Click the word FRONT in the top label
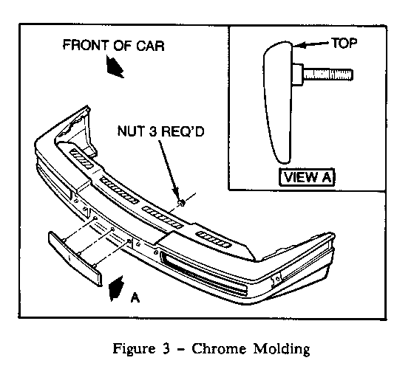pos(86,45)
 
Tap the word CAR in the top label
pos(150,46)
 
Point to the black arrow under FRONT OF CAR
pos(115,66)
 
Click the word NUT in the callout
pos(130,131)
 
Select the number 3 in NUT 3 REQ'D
pos(153,131)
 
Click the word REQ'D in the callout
pos(183,131)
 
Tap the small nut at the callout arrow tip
pos(182,203)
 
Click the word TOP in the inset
pos(344,43)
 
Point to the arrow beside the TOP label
pos(311,45)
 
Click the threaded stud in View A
pos(328,74)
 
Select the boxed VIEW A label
pos(307,177)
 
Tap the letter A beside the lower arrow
pos(135,297)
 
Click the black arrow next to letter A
pos(116,289)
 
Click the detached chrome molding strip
pos(75,258)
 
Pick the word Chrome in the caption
pos(219,349)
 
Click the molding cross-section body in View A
pos(278,102)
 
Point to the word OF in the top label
pos(122,45)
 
